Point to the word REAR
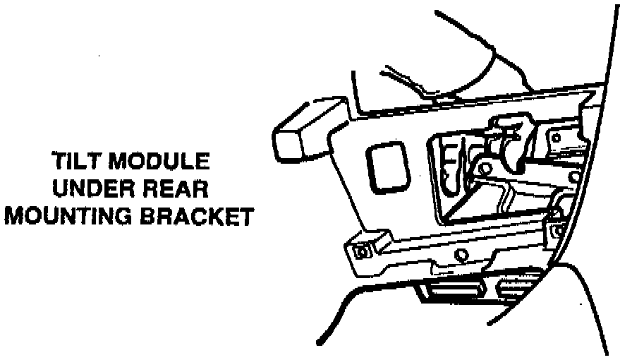tap(178, 189)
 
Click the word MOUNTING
tap(71, 216)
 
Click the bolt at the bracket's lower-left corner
tap(363, 250)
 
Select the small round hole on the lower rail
tap(462, 254)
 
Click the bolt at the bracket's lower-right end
tap(557, 229)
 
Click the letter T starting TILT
tap(59, 162)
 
